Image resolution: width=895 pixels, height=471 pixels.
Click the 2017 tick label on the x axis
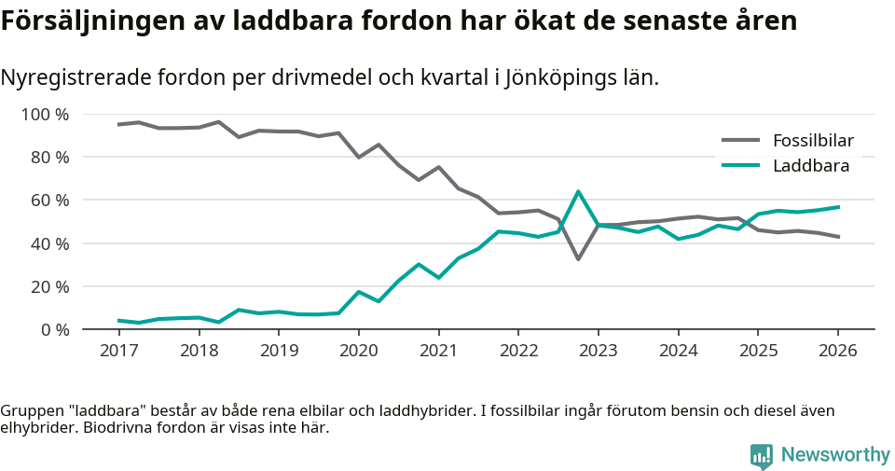point(118,351)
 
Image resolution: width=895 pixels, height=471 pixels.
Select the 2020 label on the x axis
point(358,351)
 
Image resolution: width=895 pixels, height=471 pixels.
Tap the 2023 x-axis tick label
point(598,351)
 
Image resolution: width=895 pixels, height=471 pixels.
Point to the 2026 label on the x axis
point(837,351)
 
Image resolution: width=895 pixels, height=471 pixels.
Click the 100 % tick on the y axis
point(46,115)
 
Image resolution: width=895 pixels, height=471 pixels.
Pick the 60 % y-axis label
point(49,201)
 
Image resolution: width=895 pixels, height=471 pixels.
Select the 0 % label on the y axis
point(54,329)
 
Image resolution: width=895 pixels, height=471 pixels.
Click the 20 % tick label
point(49,286)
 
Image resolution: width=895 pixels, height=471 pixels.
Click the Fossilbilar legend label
point(813,141)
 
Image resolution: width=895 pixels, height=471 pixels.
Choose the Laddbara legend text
point(810,166)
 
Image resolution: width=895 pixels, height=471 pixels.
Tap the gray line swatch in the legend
point(741,141)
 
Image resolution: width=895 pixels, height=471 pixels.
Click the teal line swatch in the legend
point(741,166)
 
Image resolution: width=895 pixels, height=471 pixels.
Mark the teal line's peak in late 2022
point(578,191)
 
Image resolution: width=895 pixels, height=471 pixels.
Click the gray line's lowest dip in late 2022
point(578,258)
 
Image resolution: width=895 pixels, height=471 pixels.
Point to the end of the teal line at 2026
point(838,207)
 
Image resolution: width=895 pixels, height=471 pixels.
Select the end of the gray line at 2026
point(838,237)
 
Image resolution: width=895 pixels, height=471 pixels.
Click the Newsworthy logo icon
point(762,455)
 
